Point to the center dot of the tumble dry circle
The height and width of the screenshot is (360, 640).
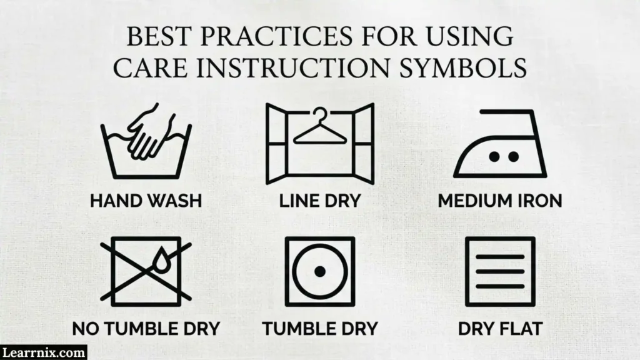click(320, 271)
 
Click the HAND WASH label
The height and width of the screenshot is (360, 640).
click(146, 201)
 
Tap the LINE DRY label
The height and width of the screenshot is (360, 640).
click(320, 201)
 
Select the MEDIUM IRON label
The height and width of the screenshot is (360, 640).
click(500, 201)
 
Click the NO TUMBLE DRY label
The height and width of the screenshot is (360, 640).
click(146, 329)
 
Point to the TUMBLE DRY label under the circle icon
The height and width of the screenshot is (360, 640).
click(320, 329)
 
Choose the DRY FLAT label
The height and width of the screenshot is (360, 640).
click(500, 329)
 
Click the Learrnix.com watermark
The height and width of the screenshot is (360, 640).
click(43, 352)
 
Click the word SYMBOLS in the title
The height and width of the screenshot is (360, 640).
click(463, 67)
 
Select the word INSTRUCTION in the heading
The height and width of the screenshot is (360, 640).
click(293, 67)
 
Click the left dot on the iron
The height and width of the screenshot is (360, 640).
click(494, 156)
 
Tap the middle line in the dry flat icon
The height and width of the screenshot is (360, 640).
click(500, 271)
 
